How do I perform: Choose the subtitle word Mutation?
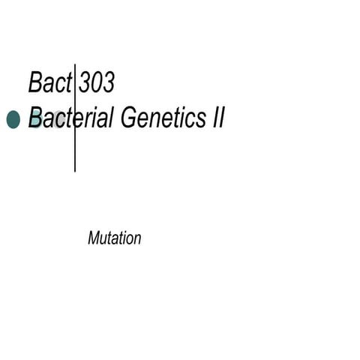pos(114,239)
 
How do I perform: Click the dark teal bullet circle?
pos(13,119)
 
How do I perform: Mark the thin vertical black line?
pos(75,150)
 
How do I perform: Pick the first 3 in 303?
pos(85,82)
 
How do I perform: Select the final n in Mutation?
pos(137,240)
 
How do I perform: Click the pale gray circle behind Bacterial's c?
pos(57,120)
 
